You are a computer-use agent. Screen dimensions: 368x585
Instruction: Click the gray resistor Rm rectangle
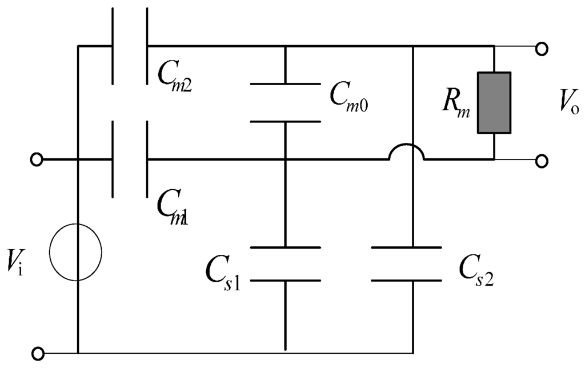[x=494, y=103]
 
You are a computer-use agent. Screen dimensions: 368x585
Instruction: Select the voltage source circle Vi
[x=75, y=253]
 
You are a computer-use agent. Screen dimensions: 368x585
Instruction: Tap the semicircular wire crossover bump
[x=406, y=153]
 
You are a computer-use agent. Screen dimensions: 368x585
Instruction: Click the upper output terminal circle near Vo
[x=541, y=50]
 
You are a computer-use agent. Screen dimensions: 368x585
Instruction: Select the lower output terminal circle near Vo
[x=541, y=161]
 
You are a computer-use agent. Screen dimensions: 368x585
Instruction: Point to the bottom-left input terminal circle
[x=37, y=354]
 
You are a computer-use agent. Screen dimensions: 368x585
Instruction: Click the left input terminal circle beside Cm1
[x=37, y=160]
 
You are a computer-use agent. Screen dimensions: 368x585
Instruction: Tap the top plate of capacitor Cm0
[x=285, y=85]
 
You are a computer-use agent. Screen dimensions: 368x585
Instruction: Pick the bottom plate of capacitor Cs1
[x=285, y=281]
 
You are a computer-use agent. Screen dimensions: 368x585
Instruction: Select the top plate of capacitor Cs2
[x=406, y=247]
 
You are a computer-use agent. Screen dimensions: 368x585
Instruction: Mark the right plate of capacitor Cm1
[x=147, y=159]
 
